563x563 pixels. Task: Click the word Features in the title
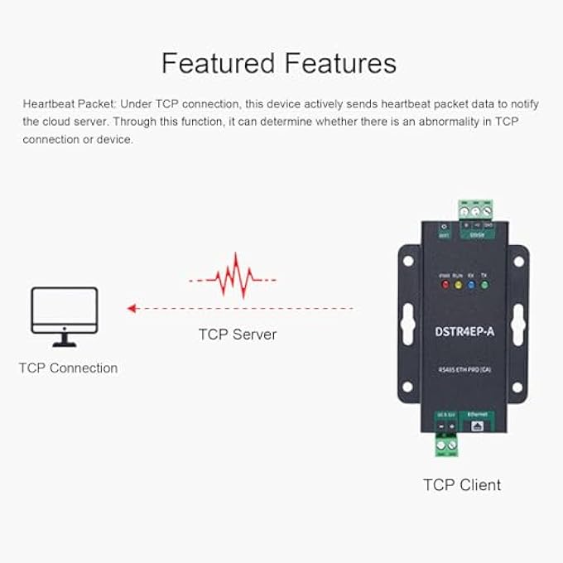[339, 64]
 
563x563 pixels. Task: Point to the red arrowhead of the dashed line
[132, 308]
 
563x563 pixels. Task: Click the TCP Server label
[237, 334]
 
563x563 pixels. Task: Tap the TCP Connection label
[68, 368]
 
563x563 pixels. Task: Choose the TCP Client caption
[461, 484]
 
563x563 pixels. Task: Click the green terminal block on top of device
[476, 210]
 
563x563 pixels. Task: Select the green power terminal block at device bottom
[447, 446]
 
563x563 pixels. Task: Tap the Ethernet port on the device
[478, 425]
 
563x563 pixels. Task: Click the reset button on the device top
[444, 227]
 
